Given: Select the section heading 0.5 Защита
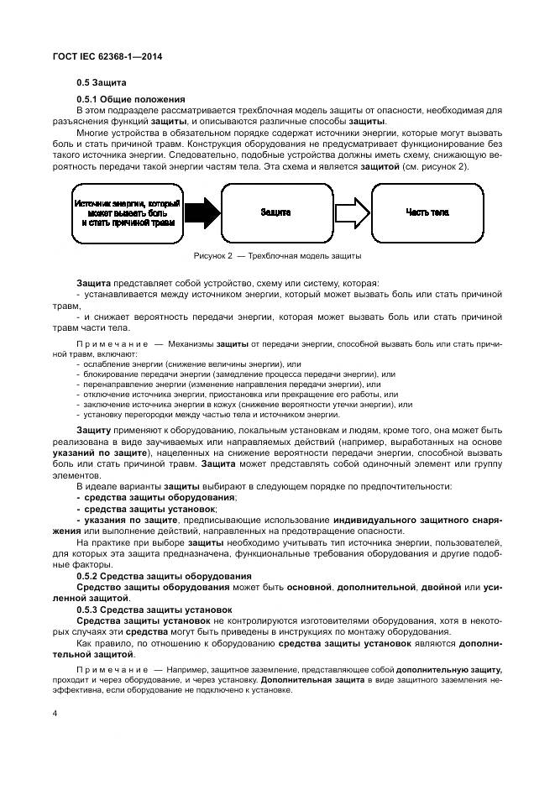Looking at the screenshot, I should pyautogui.click(x=101, y=83).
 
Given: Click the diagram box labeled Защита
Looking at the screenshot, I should pyautogui.click(x=275, y=213).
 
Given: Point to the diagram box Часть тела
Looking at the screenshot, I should pyautogui.click(x=427, y=213).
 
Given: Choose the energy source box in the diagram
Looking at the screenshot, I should pyautogui.click(x=128, y=213).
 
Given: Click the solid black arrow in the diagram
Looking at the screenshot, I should pyautogui.click(x=199, y=213).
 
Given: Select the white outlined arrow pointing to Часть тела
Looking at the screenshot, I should pyautogui.click(x=350, y=213).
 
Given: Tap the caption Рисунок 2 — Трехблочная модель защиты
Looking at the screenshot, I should pyautogui.click(x=277, y=255).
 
